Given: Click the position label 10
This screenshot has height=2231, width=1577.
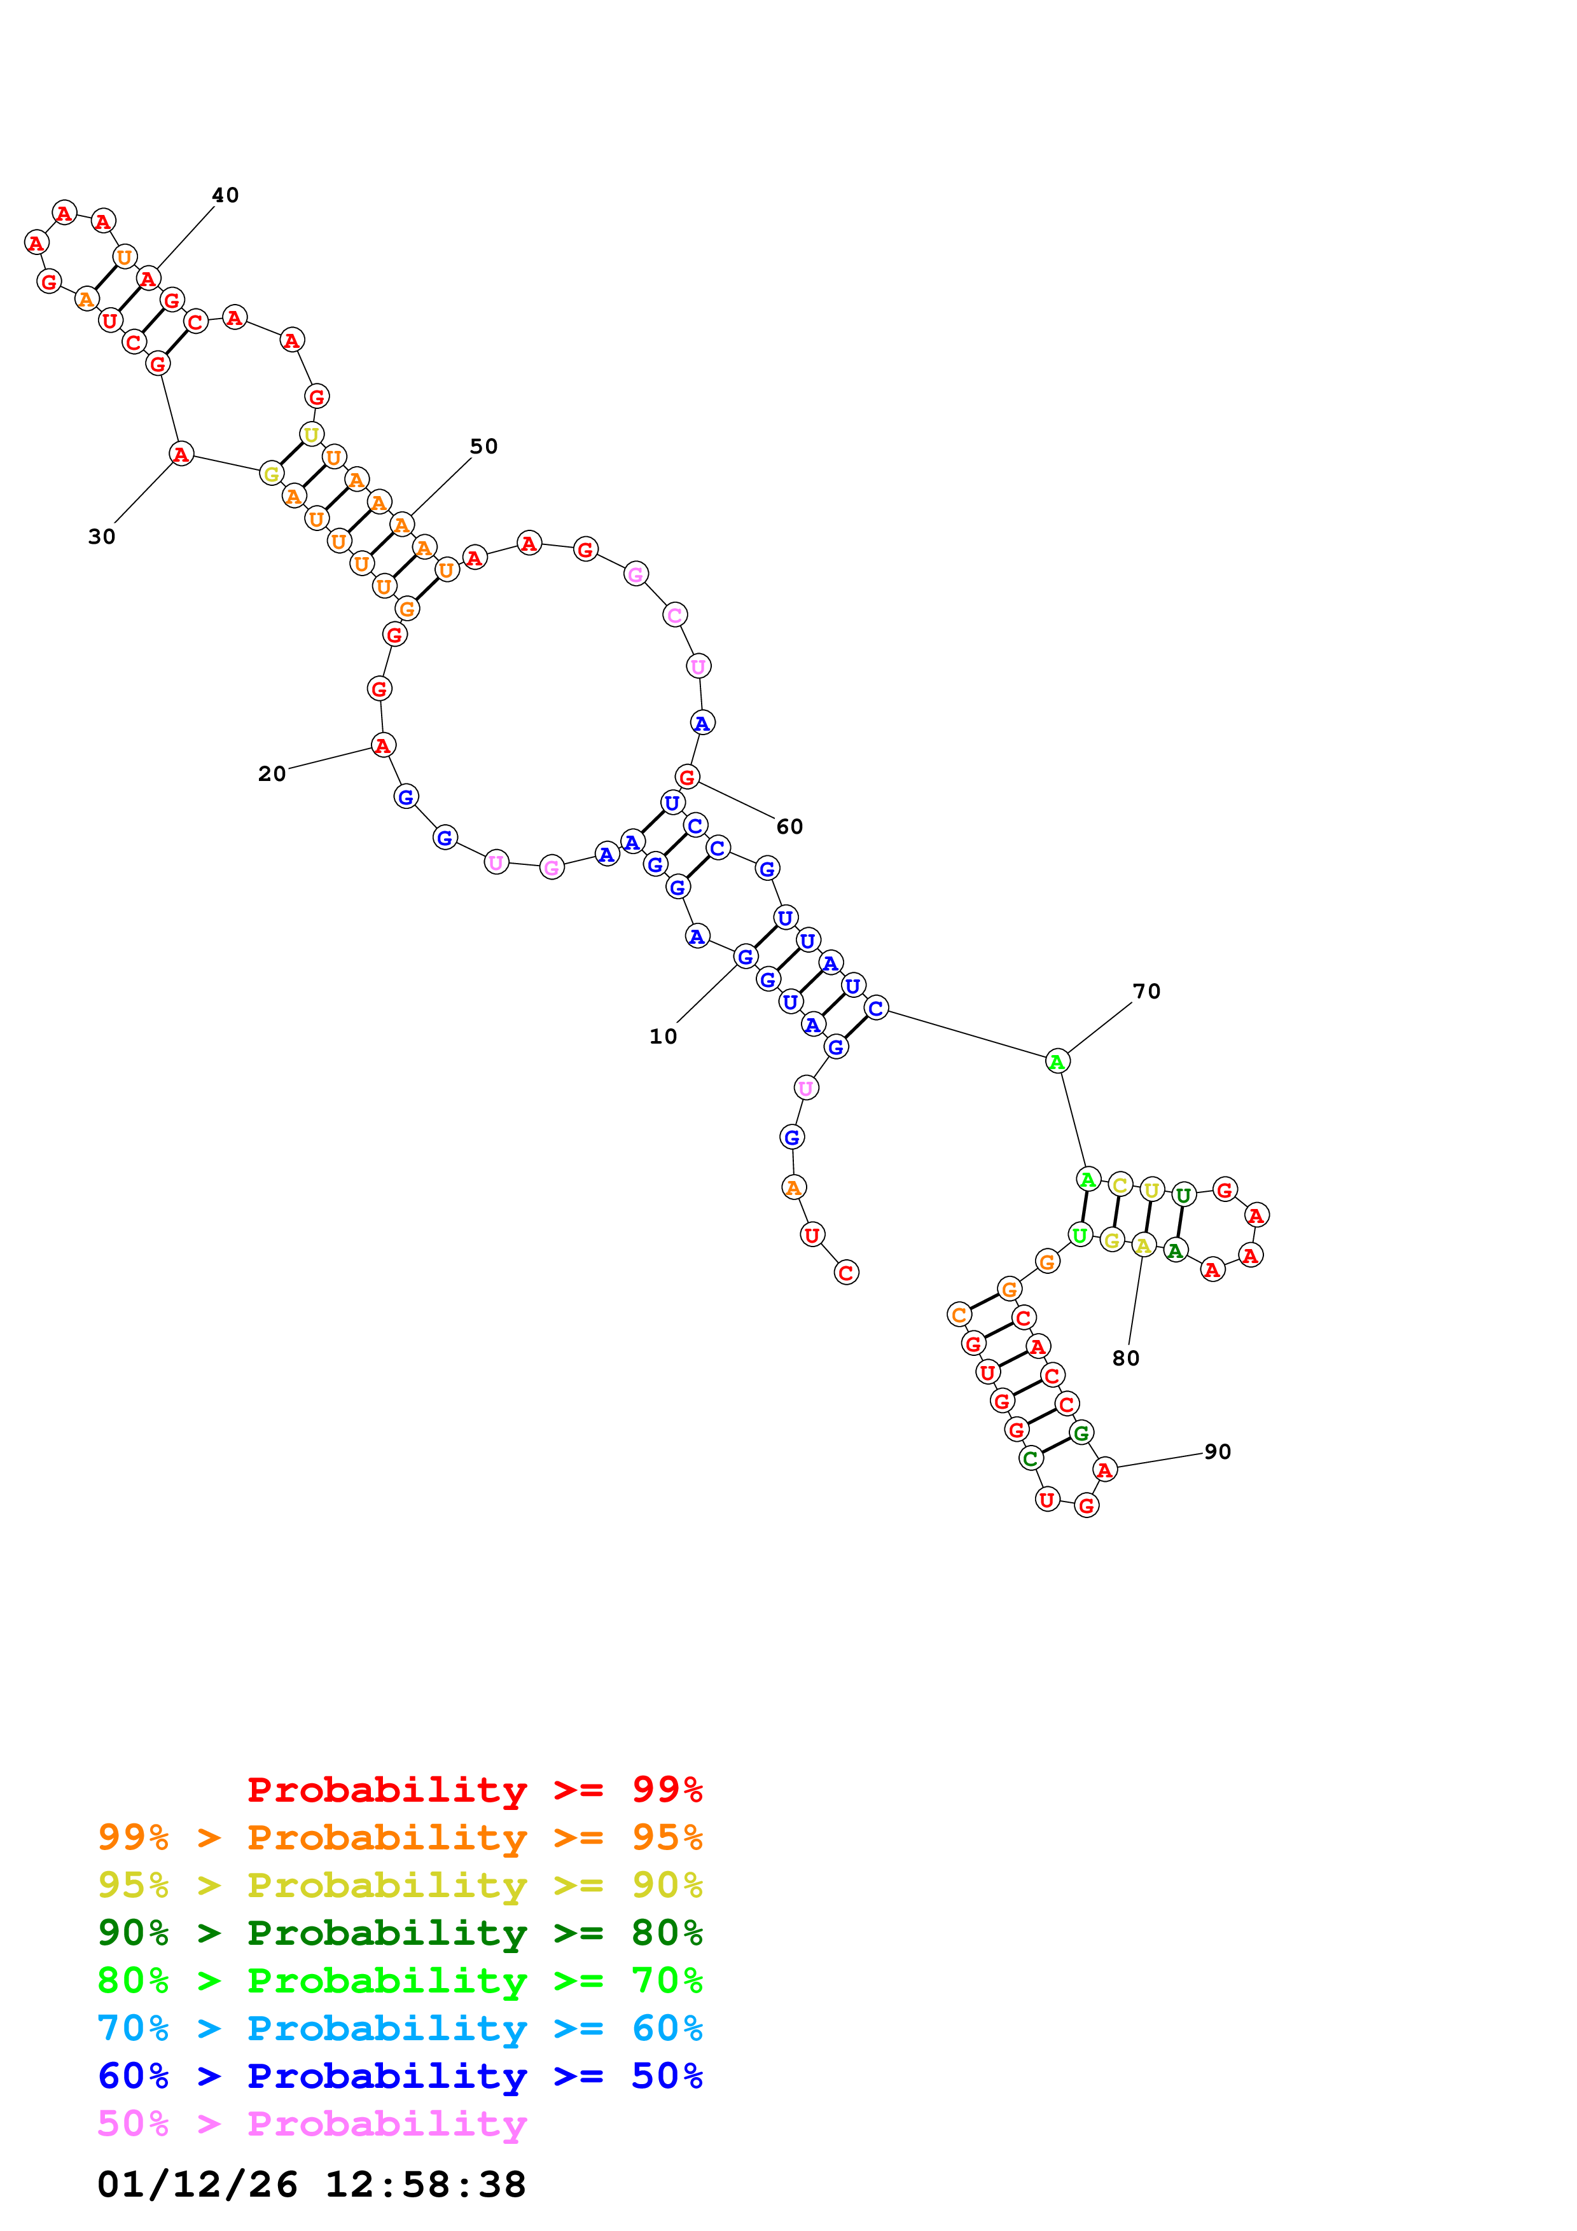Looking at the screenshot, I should (x=663, y=1037).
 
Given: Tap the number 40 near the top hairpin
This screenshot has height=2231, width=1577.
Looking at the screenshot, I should (x=225, y=195).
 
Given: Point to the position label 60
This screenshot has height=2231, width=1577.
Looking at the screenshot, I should (x=789, y=827).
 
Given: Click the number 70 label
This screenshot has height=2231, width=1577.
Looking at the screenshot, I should (x=1146, y=991).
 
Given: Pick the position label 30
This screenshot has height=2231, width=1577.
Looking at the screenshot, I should (x=102, y=536).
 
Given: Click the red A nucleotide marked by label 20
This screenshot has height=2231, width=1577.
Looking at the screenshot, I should (x=383, y=746).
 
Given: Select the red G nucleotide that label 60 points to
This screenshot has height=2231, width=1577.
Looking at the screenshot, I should (x=687, y=777).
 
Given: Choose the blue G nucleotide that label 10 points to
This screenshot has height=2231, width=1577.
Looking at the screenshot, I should (x=746, y=957).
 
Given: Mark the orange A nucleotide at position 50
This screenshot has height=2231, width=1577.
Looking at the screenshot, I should (x=401, y=526).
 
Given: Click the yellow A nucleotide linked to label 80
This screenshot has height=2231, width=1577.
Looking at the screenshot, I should (x=1144, y=1246).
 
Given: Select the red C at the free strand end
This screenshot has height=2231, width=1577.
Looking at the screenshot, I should (x=846, y=1273).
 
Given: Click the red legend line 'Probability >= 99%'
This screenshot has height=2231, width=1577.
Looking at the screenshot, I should (x=474, y=1790).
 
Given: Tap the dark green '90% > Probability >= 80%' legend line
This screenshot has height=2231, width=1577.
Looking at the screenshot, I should (x=399, y=1933).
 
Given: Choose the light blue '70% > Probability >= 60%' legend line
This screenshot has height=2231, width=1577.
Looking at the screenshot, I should (x=399, y=2028).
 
